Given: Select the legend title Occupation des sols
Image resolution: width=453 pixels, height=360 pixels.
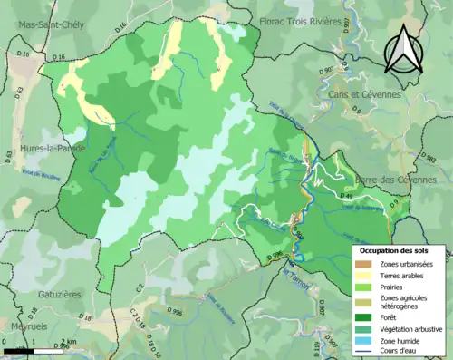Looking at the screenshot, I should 396,249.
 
